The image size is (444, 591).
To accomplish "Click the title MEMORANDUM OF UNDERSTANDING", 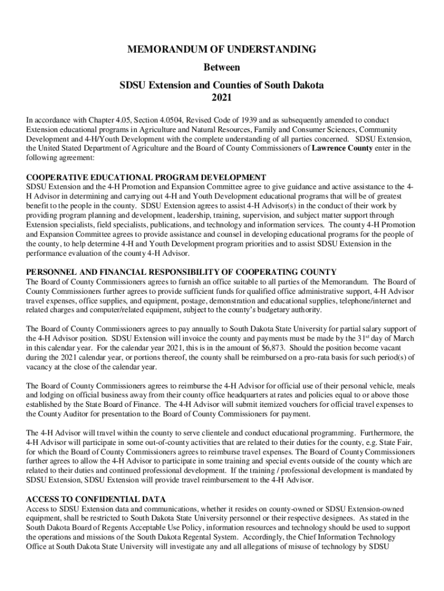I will [x=221, y=50].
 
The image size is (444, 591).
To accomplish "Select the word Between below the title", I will [x=221, y=68].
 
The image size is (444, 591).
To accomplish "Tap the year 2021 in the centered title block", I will [x=221, y=97].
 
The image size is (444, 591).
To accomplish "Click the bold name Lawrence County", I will [x=341, y=148].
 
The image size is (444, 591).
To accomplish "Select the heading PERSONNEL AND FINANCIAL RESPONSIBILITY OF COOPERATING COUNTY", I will [x=182, y=272].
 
